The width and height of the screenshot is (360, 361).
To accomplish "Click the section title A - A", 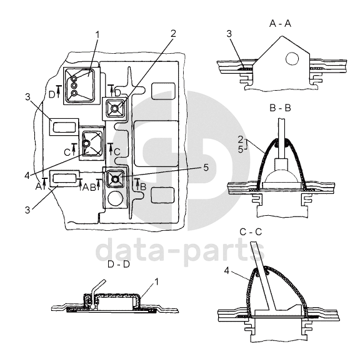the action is [280, 24].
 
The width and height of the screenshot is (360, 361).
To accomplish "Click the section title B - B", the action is [280, 108].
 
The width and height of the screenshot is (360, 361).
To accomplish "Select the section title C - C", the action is [251, 232].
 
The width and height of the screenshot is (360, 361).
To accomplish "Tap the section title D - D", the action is [119, 264].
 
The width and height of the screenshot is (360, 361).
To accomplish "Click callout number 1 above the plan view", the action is [97, 35].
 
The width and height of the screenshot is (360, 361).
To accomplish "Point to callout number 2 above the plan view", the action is [173, 34].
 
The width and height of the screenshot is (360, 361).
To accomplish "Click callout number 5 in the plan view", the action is [206, 168].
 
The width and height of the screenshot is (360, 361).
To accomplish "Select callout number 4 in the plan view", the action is [27, 176].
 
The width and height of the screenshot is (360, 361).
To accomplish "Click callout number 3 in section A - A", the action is [229, 34].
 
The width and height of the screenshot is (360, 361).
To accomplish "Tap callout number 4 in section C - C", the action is [227, 271].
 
